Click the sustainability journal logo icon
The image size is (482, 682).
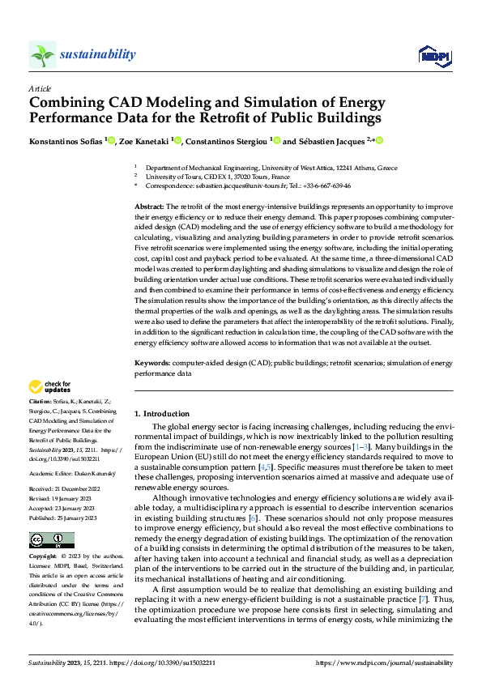[42, 54]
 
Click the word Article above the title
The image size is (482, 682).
[39, 88]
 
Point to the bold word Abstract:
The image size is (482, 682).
[149, 208]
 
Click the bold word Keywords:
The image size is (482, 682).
[151, 364]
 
